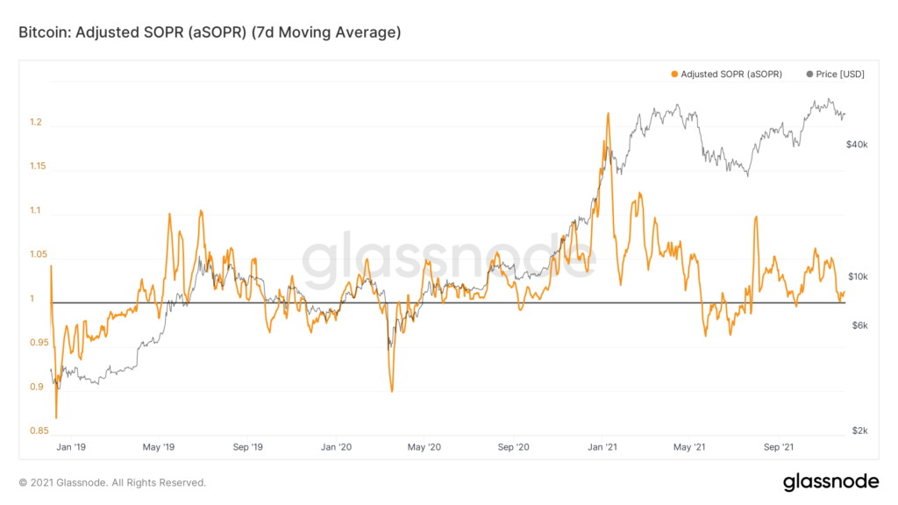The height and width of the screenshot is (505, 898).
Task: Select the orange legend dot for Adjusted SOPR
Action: (674, 75)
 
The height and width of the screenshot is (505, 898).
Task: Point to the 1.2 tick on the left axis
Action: (36, 123)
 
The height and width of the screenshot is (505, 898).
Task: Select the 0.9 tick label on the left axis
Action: (36, 387)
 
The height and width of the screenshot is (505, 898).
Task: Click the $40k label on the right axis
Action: (857, 144)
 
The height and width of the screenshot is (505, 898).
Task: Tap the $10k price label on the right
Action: (857, 277)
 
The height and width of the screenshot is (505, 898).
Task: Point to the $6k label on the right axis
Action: (857, 325)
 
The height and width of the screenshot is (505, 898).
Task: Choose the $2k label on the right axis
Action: (857, 430)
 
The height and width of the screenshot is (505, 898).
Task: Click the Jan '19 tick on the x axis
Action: (69, 447)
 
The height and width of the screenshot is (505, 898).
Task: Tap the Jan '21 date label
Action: (602, 447)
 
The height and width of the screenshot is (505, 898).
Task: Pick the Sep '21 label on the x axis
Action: (779, 447)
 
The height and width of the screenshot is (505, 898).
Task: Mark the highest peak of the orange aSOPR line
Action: (607, 114)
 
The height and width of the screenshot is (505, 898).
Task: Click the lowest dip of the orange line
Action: (56, 418)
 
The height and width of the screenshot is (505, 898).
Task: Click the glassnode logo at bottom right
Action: (830, 481)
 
